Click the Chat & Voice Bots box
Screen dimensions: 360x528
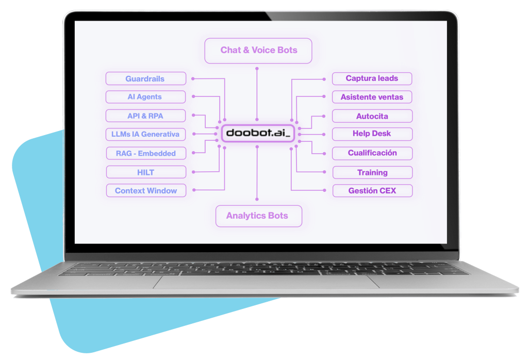click(x=258, y=51)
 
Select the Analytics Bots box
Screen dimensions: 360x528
click(x=258, y=216)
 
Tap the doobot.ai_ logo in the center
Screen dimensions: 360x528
click(x=258, y=133)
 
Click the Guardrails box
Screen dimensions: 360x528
click(x=145, y=79)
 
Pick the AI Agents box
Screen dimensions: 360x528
click(x=145, y=97)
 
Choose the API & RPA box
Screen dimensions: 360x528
click(x=145, y=116)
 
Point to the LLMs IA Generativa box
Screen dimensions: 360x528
click(x=145, y=134)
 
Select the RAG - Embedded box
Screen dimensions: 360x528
click(x=145, y=153)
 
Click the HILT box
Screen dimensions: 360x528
click(x=145, y=172)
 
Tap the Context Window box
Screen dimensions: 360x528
click(x=145, y=190)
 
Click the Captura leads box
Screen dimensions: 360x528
click(x=372, y=78)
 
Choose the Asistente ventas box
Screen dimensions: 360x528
click(x=372, y=97)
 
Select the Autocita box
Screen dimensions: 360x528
click(x=372, y=116)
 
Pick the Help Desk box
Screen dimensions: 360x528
click(x=372, y=134)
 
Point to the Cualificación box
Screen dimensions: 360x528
click(x=372, y=153)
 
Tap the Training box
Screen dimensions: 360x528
click(x=372, y=172)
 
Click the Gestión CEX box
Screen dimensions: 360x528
click(x=372, y=190)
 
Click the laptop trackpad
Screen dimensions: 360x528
click(x=266, y=282)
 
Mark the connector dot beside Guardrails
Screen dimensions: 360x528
click(x=192, y=79)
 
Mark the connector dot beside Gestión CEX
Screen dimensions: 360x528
click(x=324, y=190)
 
